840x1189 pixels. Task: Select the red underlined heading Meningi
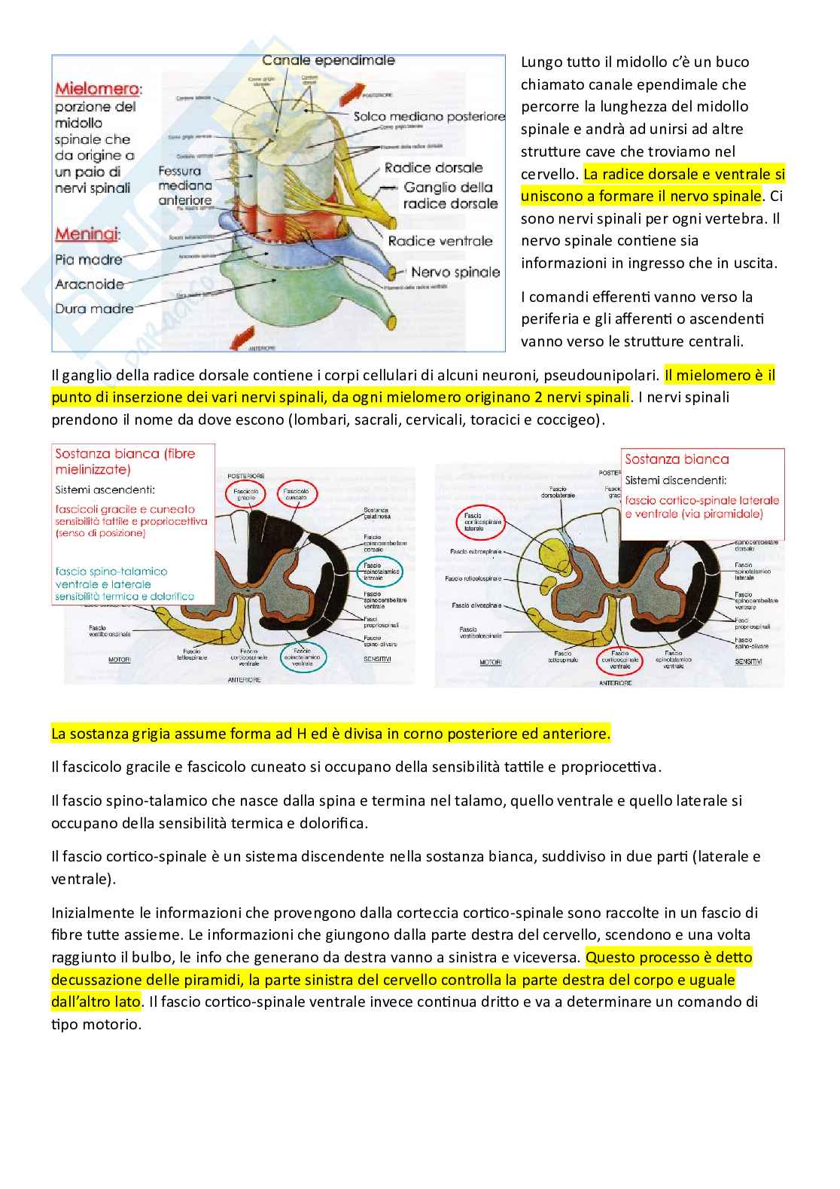pyautogui.click(x=87, y=234)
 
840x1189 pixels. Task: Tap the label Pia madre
pyautogui.click(x=88, y=260)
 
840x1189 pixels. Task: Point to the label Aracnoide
pyautogui.click(x=90, y=284)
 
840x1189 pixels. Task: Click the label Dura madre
pyautogui.click(x=94, y=308)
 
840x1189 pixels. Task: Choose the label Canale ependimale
pyautogui.click(x=327, y=60)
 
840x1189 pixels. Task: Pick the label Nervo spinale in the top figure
pyautogui.click(x=455, y=272)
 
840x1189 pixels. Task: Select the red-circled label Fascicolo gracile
pyautogui.click(x=248, y=495)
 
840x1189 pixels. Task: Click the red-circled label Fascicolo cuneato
pyautogui.click(x=297, y=495)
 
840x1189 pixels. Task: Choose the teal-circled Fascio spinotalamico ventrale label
pyautogui.click(x=303, y=658)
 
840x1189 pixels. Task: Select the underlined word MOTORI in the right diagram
pyautogui.click(x=491, y=663)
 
